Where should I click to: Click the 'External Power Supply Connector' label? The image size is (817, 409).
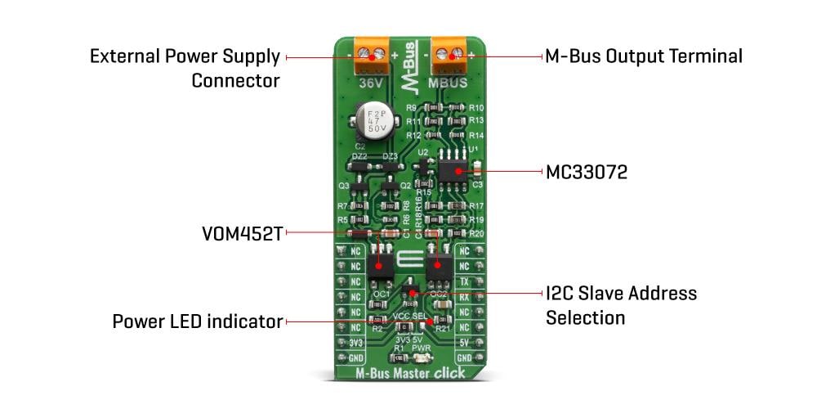tap(185, 69)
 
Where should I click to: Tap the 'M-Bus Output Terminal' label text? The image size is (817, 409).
tap(644, 56)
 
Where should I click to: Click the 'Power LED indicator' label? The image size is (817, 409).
tap(197, 321)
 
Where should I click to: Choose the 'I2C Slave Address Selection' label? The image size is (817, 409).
tap(621, 304)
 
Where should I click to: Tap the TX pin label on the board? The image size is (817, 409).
tap(464, 281)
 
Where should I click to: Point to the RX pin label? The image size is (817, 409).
tap(464, 297)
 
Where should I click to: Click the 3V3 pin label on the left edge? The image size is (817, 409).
tap(355, 344)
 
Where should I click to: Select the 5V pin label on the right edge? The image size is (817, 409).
tap(464, 344)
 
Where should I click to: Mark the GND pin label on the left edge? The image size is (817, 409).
tap(355, 359)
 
